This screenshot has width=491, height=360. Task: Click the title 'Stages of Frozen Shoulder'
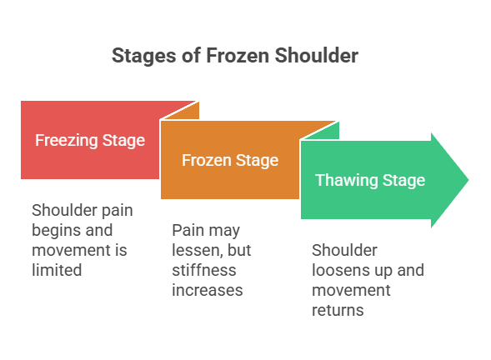click(234, 57)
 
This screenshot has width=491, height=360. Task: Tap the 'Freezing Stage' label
click(90, 140)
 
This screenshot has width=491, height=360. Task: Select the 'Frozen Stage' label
click(230, 160)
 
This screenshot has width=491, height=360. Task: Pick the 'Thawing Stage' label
click(369, 180)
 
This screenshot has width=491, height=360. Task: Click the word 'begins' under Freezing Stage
click(57, 229)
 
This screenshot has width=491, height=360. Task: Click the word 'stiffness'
click(204, 270)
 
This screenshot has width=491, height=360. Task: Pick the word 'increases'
click(207, 289)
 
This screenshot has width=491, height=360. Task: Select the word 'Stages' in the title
click(139, 57)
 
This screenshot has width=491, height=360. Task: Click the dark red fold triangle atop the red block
click(188, 111)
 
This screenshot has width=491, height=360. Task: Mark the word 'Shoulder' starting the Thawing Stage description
click(344, 251)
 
